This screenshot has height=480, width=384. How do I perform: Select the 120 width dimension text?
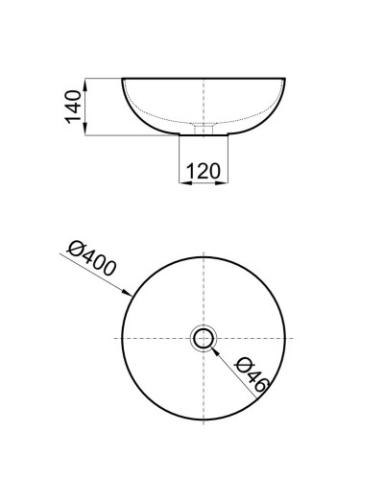coord(204,172)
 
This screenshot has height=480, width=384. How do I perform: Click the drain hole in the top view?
coord(204,339)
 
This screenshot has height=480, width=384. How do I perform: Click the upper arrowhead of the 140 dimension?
coord(86,82)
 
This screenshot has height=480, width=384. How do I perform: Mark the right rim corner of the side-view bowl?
coord(286,79)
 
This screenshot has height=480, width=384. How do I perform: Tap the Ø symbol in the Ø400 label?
coord(77,249)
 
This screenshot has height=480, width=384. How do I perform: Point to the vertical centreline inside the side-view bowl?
coord(204,101)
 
